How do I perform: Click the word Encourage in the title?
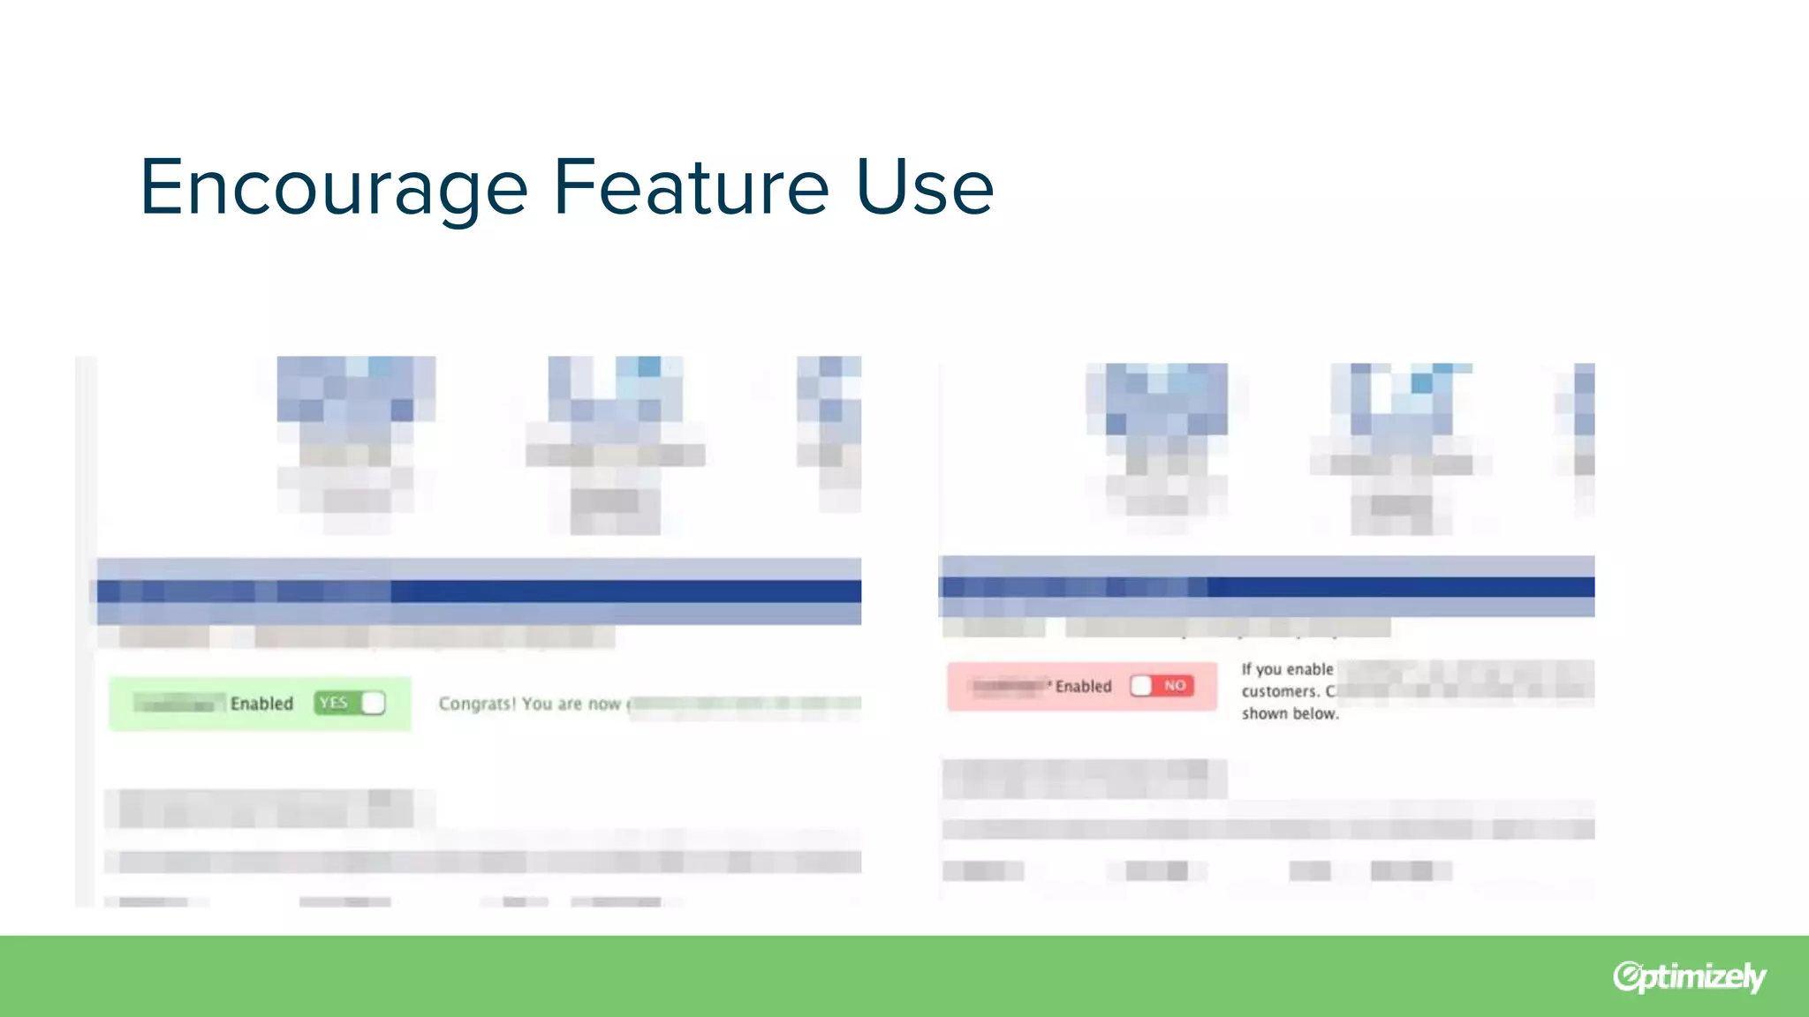[334, 187]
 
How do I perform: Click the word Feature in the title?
[691, 187]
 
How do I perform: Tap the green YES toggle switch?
[350, 703]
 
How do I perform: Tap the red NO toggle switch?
[1162, 686]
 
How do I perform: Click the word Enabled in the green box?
[261, 704]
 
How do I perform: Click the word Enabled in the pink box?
[1083, 687]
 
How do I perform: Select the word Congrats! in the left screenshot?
[477, 704]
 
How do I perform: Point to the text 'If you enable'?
[1287, 669]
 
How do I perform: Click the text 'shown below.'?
[1290, 713]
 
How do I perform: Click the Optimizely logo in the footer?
[1689, 976]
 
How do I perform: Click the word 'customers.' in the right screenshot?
[1280, 691]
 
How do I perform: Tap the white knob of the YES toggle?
[374, 703]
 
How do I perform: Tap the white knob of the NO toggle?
[1141, 686]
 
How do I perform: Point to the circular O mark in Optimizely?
[1626, 976]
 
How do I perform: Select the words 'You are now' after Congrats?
[571, 704]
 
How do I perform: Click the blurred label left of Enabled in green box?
[175, 704]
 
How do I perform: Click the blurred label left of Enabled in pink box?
[1008, 686]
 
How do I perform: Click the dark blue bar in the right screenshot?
[1400, 587]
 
